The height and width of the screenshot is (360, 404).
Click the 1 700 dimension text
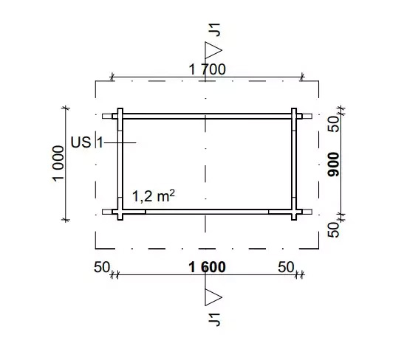[207, 69]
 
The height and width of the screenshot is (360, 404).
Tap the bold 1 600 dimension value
[207, 267]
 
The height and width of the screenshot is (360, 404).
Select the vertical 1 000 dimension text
[58, 164]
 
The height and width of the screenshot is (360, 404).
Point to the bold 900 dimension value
[334, 165]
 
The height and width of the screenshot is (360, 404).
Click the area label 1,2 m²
[154, 196]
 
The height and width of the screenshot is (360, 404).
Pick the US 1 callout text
[87, 142]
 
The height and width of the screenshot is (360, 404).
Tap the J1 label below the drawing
[214, 319]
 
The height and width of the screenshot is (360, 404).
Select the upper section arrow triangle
[213, 50]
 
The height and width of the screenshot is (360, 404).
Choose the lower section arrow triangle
[213, 297]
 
